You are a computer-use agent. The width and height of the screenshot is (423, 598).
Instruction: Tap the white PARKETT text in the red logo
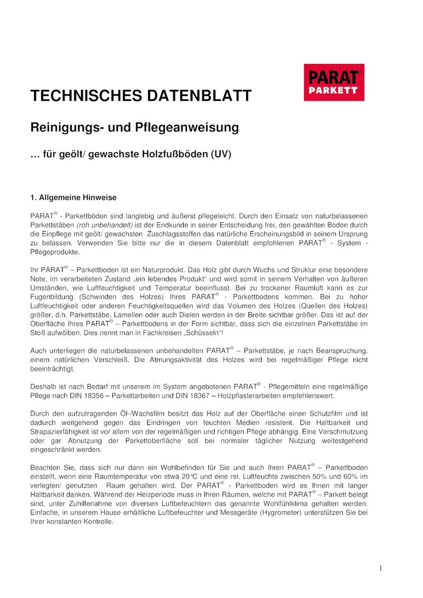coord(333,91)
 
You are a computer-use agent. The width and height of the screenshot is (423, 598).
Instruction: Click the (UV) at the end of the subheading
coord(221,155)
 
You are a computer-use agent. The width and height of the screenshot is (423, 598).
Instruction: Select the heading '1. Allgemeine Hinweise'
coord(73,198)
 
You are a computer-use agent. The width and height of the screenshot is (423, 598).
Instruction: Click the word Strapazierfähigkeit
coord(60,432)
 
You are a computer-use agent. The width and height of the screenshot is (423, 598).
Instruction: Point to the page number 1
coord(380,568)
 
